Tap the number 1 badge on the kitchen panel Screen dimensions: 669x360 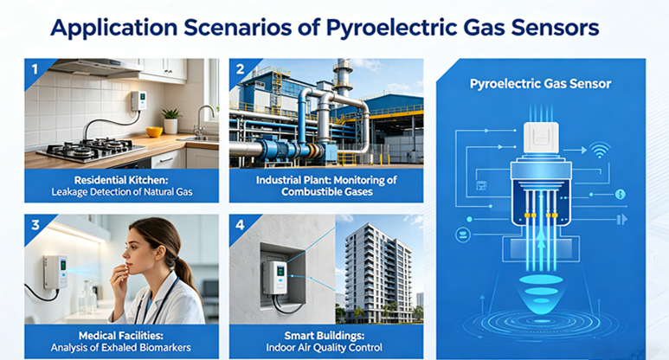35,68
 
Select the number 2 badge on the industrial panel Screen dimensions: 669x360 241,68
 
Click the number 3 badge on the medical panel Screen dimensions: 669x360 35,225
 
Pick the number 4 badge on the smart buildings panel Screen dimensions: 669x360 241,225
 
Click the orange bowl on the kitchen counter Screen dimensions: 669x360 154,132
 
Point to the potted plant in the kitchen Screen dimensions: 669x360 171,121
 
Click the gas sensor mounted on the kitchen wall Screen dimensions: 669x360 138,100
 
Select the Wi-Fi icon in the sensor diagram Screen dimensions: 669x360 600,150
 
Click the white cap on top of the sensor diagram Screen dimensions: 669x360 541,138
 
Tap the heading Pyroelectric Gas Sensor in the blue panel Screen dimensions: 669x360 540,84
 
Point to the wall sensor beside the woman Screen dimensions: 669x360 55,272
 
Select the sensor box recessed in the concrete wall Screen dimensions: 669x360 274,277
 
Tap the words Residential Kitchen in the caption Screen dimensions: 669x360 122,180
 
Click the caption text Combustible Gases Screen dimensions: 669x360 327,192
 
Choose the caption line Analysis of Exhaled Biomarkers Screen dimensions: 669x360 121,348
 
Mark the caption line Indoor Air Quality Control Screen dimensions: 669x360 325,348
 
